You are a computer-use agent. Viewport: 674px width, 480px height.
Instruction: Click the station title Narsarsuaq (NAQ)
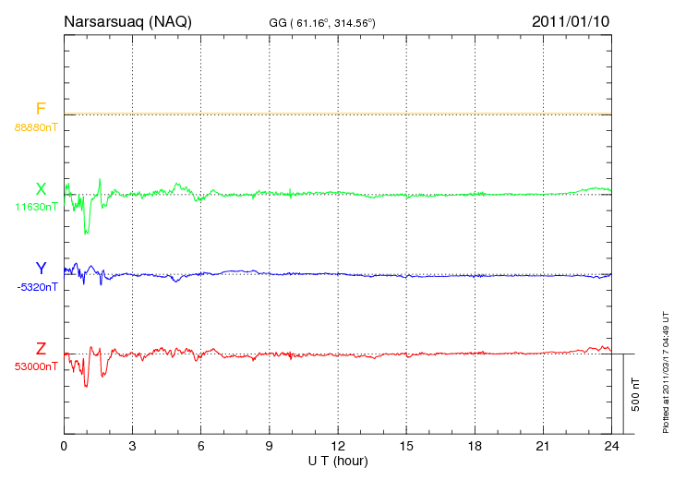pyautogui.click(x=127, y=21)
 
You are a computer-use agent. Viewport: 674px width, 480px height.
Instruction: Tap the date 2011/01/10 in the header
pyautogui.click(x=571, y=21)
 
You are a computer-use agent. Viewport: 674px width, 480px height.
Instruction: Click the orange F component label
pyautogui.click(x=41, y=110)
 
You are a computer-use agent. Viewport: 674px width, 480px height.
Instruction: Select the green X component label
pyautogui.click(x=41, y=190)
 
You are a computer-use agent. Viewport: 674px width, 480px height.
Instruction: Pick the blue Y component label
pyautogui.click(x=41, y=269)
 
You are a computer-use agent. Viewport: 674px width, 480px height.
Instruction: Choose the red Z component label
pyautogui.click(x=41, y=349)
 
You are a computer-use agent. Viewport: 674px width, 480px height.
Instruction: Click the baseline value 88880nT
pyautogui.click(x=36, y=126)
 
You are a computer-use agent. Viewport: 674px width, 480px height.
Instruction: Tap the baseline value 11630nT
pyautogui.click(x=36, y=207)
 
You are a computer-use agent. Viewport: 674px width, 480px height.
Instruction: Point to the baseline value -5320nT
pyautogui.click(x=36, y=286)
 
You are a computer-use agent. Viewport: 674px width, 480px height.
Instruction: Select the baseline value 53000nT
pyautogui.click(x=36, y=366)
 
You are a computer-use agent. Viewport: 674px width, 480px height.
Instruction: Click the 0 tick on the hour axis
pyautogui.click(x=64, y=446)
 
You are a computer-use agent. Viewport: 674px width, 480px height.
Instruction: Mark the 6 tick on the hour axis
pyautogui.click(x=200, y=446)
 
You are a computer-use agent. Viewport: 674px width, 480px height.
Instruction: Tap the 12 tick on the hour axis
pyautogui.click(x=338, y=446)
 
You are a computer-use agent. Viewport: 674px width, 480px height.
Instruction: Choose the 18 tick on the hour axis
pyautogui.click(x=475, y=446)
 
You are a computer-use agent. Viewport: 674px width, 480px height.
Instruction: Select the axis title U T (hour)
pyautogui.click(x=338, y=460)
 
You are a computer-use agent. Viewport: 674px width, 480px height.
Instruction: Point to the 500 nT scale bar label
pyautogui.click(x=636, y=394)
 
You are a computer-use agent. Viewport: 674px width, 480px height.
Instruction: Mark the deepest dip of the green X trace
pyautogui.click(x=86, y=233)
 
